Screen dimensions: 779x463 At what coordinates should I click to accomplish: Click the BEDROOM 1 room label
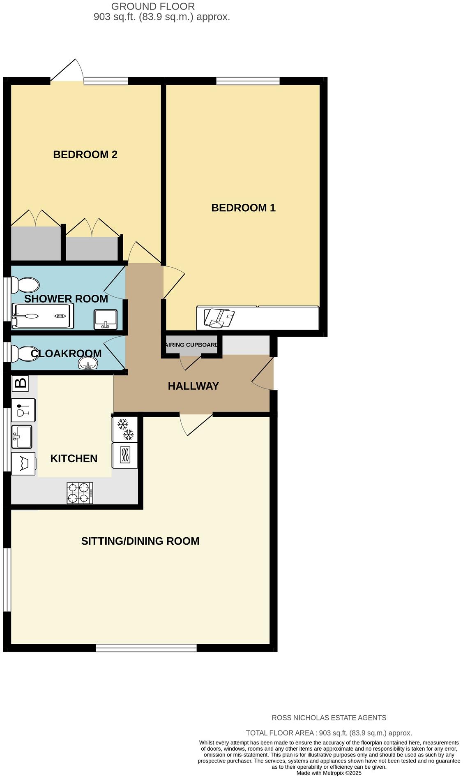[243, 208]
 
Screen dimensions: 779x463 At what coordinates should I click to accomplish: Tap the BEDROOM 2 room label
[85, 155]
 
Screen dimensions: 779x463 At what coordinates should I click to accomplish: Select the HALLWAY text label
[193, 386]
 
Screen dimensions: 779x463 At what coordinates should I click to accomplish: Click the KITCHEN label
[74, 458]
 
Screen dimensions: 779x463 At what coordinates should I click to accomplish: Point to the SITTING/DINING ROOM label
[140, 541]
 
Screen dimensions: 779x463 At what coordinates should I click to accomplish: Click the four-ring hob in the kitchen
[80, 493]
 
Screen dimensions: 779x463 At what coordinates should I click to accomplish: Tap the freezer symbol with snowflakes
[125, 429]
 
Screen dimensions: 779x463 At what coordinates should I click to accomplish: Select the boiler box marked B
[20, 383]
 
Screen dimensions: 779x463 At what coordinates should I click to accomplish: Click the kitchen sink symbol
[22, 437]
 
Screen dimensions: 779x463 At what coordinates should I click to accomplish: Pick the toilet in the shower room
[25, 284]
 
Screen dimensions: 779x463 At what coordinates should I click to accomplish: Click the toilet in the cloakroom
[25, 353]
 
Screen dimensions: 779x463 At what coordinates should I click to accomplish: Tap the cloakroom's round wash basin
[88, 363]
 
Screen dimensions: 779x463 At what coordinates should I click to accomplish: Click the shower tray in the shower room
[43, 316]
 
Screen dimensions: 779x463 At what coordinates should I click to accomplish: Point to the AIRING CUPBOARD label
[191, 344]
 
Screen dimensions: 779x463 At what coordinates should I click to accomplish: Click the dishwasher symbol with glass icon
[23, 410]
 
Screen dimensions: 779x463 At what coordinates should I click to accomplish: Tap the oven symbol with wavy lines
[125, 455]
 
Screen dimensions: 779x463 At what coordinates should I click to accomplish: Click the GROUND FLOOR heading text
[153, 7]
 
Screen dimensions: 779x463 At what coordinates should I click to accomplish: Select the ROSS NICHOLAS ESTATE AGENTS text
[329, 718]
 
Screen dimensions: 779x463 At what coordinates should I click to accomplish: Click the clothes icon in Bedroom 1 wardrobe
[219, 318]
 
